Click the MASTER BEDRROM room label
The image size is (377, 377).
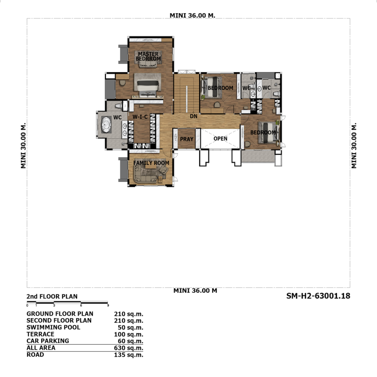[148, 56]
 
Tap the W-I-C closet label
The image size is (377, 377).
[140, 117]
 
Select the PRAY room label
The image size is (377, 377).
[187, 139]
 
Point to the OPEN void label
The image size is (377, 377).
[220, 138]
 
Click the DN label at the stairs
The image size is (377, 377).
[194, 116]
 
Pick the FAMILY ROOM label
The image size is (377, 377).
[151, 163]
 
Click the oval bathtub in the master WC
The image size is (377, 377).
[106, 124]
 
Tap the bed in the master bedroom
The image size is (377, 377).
[147, 85]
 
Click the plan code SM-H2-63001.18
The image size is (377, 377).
[318, 296]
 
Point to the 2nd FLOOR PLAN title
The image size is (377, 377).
[52, 296]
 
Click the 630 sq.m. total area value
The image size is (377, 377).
[128, 348]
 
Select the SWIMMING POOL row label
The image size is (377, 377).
[53, 327]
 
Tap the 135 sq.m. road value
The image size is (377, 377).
[128, 355]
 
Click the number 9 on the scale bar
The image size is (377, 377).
[108, 306]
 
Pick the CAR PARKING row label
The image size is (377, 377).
[47, 341]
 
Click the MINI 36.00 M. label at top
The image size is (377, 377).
[192, 15]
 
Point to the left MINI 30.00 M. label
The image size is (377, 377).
[23, 146]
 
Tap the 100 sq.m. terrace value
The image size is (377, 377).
[128, 334]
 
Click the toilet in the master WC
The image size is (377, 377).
[118, 106]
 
